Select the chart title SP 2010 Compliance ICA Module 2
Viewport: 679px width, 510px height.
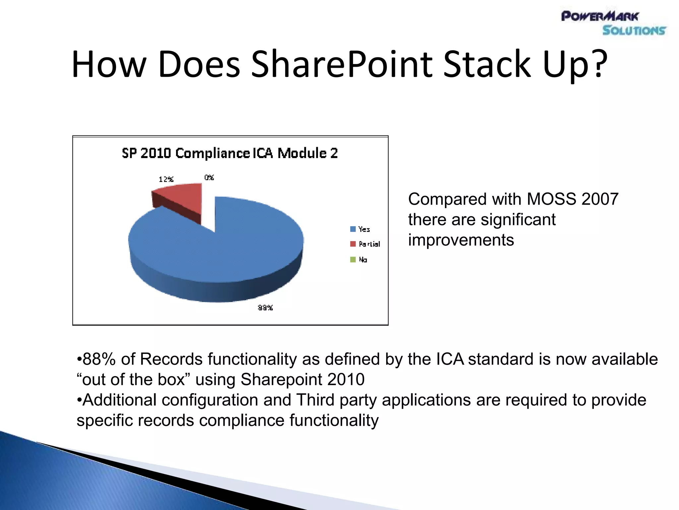click(x=230, y=153)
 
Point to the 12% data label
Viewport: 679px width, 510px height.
click(x=166, y=180)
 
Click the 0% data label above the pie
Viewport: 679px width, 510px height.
click(x=209, y=178)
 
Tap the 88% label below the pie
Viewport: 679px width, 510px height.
click(x=265, y=308)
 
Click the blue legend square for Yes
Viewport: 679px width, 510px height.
click(x=353, y=229)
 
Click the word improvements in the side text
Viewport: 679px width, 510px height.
click(x=461, y=240)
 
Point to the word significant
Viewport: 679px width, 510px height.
click(x=518, y=220)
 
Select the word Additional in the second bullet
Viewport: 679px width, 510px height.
click(x=119, y=400)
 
